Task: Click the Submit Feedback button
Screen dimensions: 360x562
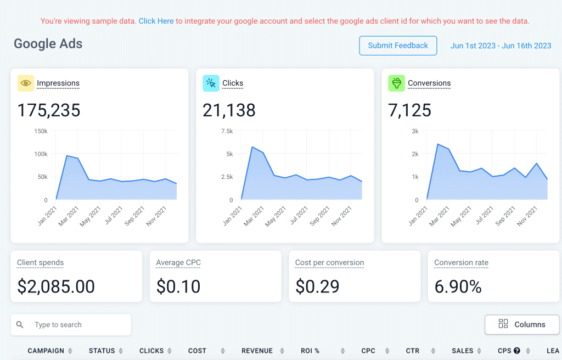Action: [398, 46]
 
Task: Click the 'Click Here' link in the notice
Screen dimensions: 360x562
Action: [156, 21]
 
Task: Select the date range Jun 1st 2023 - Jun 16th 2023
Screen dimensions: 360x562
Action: [501, 46]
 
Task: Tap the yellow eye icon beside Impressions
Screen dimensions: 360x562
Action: [25, 83]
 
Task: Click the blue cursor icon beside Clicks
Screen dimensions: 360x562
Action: [211, 83]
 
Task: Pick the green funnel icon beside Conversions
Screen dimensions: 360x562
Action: [396, 83]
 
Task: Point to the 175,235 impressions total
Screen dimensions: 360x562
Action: [49, 110]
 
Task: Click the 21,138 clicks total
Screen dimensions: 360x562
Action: [229, 110]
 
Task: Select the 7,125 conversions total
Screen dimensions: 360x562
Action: [409, 110]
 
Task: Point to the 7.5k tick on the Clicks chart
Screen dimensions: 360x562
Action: [226, 131]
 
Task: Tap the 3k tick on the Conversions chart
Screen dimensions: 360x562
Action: [415, 131]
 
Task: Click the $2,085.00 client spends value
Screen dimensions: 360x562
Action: [56, 286]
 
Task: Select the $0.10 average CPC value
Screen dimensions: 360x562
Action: [178, 286]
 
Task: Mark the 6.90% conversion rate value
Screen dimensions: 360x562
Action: [458, 286]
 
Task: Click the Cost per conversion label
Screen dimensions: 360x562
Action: [329, 263]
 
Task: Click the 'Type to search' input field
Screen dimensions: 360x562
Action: [77, 325]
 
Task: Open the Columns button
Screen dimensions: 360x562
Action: [521, 324]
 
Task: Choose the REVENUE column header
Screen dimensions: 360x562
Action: [257, 351]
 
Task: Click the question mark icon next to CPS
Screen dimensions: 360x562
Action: [516, 351]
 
